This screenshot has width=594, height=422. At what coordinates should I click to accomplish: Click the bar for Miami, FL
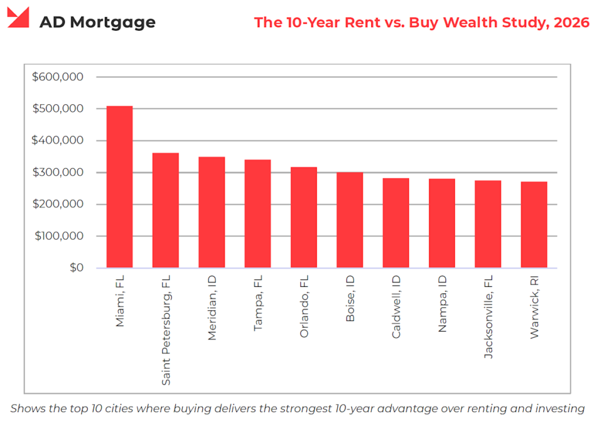point(119,187)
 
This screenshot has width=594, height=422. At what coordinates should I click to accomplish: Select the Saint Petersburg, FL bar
point(165,210)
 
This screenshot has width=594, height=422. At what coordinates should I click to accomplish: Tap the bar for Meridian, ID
point(212,212)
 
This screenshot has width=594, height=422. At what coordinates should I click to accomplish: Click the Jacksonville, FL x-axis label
point(488,318)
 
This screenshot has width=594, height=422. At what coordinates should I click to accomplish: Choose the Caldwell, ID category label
point(396,308)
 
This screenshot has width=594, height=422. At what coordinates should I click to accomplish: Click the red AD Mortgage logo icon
point(19,18)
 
